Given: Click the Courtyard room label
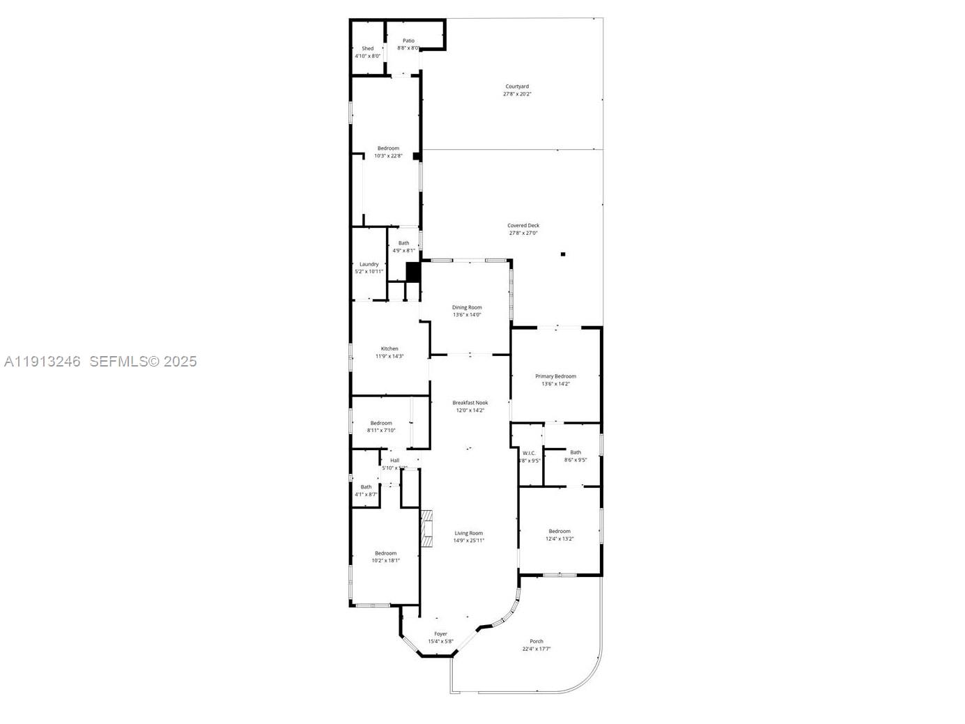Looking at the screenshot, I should [517, 86].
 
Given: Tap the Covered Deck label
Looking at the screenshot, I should [523, 226].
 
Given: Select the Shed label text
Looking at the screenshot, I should [367, 49].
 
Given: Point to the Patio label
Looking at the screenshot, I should [408, 41].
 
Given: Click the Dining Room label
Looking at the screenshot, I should [467, 307].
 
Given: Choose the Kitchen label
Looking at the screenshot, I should [389, 348].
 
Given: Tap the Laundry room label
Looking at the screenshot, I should [369, 264].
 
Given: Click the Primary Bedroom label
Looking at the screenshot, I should [555, 376].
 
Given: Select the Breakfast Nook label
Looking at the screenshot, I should [470, 403].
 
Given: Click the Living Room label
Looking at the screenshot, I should [469, 533].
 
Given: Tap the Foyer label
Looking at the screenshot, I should [440, 634].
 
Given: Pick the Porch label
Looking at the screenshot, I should [536, 641].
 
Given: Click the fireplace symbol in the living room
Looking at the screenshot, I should [426, 527].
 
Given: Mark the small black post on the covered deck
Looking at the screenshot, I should [563, 254].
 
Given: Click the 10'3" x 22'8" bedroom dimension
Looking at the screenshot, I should [388, 156].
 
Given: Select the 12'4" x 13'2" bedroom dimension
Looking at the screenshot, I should [559, 539].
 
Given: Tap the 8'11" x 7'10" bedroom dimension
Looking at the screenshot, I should [381, 431].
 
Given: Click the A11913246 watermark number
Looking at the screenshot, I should [43, 362].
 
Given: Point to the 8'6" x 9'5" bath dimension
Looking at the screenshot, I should [576, 460].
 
